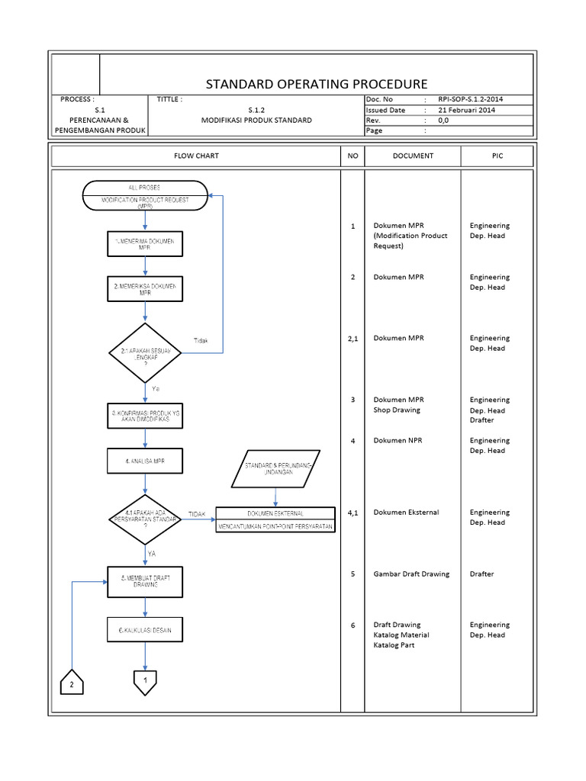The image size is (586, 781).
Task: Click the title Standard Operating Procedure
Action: point(316,84)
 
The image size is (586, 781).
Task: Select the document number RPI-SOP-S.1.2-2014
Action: point(470,99)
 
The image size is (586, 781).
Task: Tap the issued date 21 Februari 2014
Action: point(466,110)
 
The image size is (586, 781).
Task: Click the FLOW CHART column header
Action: point(196,156)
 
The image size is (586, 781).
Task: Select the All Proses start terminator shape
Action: point(145,194)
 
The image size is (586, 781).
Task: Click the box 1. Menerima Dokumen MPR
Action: point(145,244)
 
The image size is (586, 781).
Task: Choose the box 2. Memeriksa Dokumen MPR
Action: point(145,288)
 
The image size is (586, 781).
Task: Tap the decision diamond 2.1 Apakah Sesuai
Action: point(145,352)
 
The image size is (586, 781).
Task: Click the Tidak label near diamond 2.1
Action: point(201,341)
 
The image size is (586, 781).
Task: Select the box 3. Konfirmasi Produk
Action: point(145,416)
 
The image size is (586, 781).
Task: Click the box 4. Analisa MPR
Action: point(145,461)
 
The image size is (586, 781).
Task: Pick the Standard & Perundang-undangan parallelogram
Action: point(275,468)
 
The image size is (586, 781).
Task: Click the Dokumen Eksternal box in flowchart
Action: point(275,513)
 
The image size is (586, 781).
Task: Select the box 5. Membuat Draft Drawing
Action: point(145,581)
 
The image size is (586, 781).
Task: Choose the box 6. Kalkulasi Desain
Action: point(145,630)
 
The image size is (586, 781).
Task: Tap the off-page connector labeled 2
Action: point(72,683)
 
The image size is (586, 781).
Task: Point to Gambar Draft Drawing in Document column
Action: point(411,574)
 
